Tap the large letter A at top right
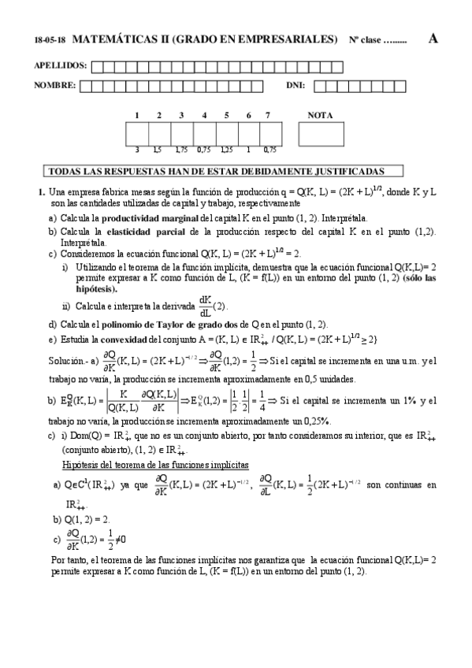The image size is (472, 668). [x=433, y=39]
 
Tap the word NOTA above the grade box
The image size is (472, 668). [x=320, y=115]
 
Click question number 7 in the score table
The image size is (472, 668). [x=269, y=115]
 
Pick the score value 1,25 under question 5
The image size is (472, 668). [x=226, y=148]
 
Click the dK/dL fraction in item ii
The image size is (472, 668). [x=205, y=304]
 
